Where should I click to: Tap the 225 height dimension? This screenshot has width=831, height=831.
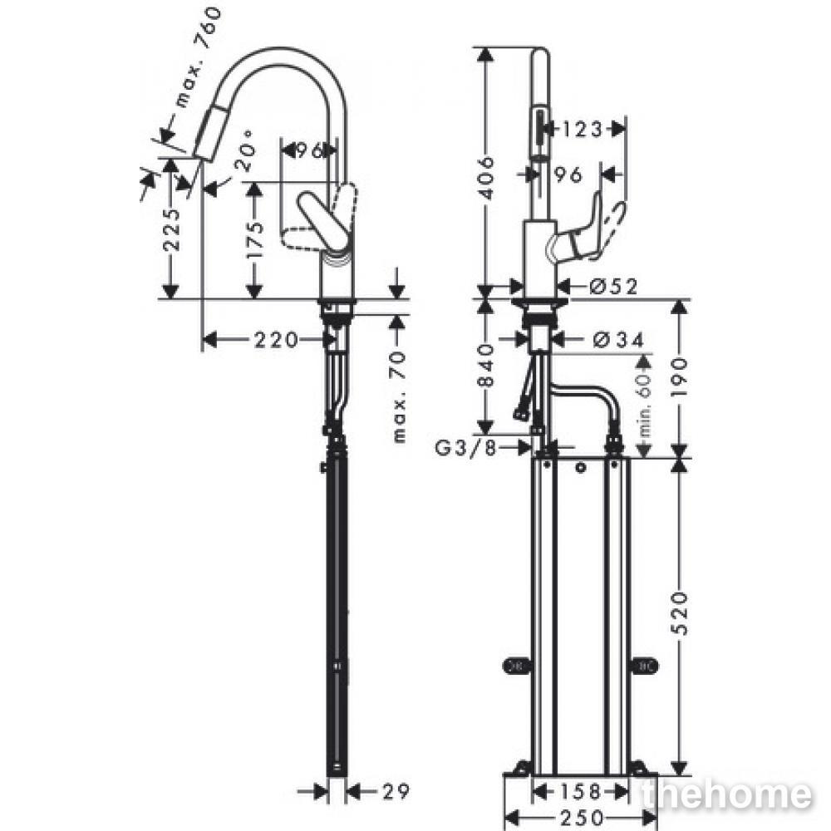171,229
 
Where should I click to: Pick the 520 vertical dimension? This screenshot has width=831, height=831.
681,613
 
